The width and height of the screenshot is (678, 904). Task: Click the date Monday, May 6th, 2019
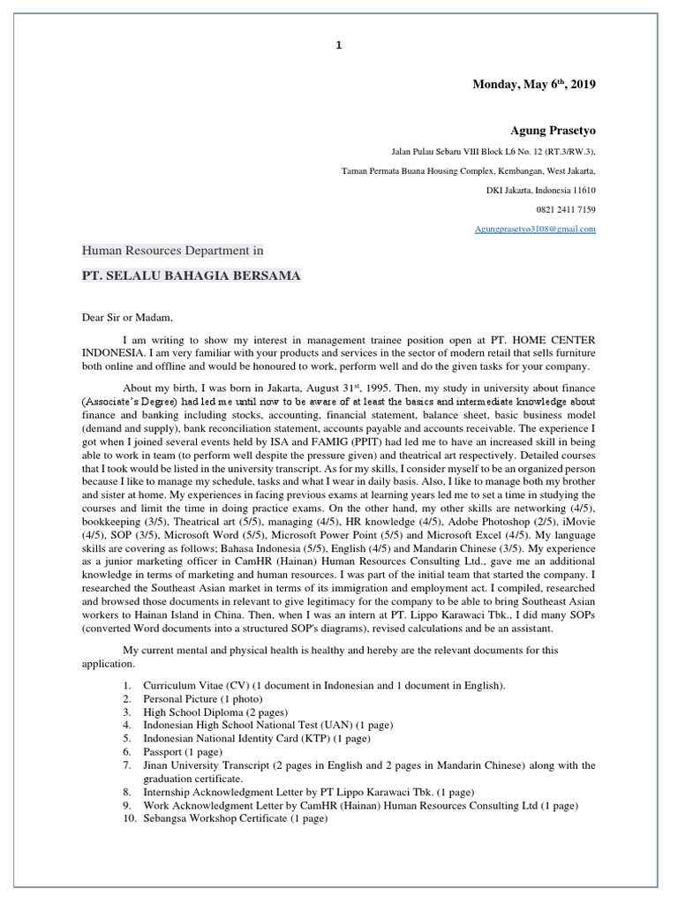click(x=534, y=85)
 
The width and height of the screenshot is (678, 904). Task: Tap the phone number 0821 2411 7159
click(x=567, y=209)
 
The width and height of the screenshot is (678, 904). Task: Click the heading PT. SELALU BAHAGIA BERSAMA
click(x=191, y=276)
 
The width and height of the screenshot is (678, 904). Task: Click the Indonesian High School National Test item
click(x=267, y=725)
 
